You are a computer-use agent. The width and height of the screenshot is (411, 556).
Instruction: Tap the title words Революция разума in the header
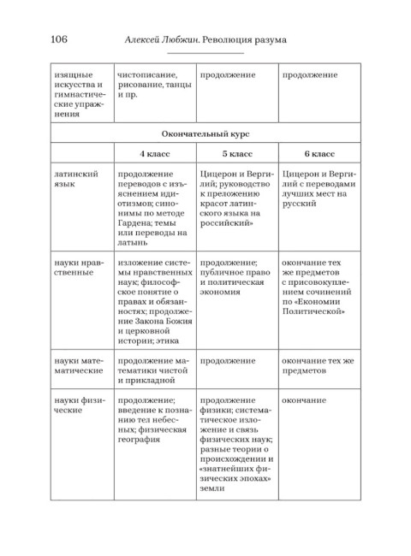(244, 39)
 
